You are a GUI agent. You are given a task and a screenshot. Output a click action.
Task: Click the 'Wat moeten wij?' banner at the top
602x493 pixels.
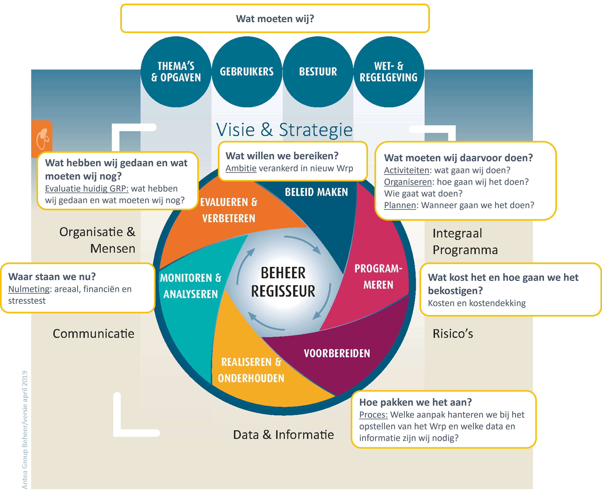pyautogui.click(x=275, y=18)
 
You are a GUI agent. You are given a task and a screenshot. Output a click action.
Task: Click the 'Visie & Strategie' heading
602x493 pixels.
pyautogui.click(x=284, y=130)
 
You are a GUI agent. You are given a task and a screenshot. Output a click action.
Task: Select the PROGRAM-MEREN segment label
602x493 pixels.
pyautogui.click(x=378, y=276)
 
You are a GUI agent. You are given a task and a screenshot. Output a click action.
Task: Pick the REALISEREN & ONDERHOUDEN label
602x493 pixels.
pyautogui.click(x=251, y=370)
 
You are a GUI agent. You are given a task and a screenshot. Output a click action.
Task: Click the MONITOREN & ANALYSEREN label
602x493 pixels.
pyautogui.click(x=191, y=286)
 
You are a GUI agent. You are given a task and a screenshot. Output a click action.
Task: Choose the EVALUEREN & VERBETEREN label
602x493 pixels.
pyautogui.click(x=229, y=210)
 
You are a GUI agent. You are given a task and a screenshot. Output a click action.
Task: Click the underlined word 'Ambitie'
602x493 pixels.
pyautogui.click(x=241, y=168)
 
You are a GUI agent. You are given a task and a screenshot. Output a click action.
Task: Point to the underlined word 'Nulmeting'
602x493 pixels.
pyautogui.click(x=29, y=289)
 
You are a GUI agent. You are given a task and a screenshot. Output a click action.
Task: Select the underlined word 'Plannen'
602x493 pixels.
pyautogui.click(x=400, y=205)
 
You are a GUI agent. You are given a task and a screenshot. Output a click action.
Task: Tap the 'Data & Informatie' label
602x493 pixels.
pyautogui.click(x=283, y=435)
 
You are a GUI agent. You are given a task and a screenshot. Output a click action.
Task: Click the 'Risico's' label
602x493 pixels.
pyautogui.click(x=453, y=334)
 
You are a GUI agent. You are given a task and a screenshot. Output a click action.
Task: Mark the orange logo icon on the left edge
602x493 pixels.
pyautogui.click(x=42, y=139)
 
